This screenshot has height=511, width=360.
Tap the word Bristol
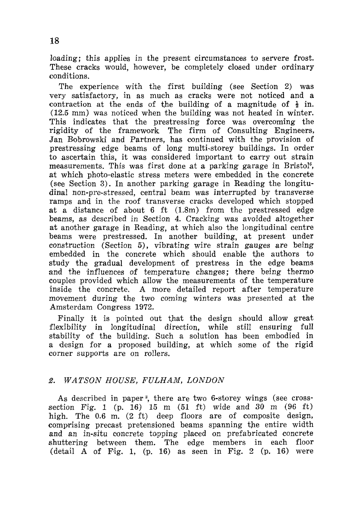tap(297, 166)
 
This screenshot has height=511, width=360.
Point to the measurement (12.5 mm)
tap(68, 113)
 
